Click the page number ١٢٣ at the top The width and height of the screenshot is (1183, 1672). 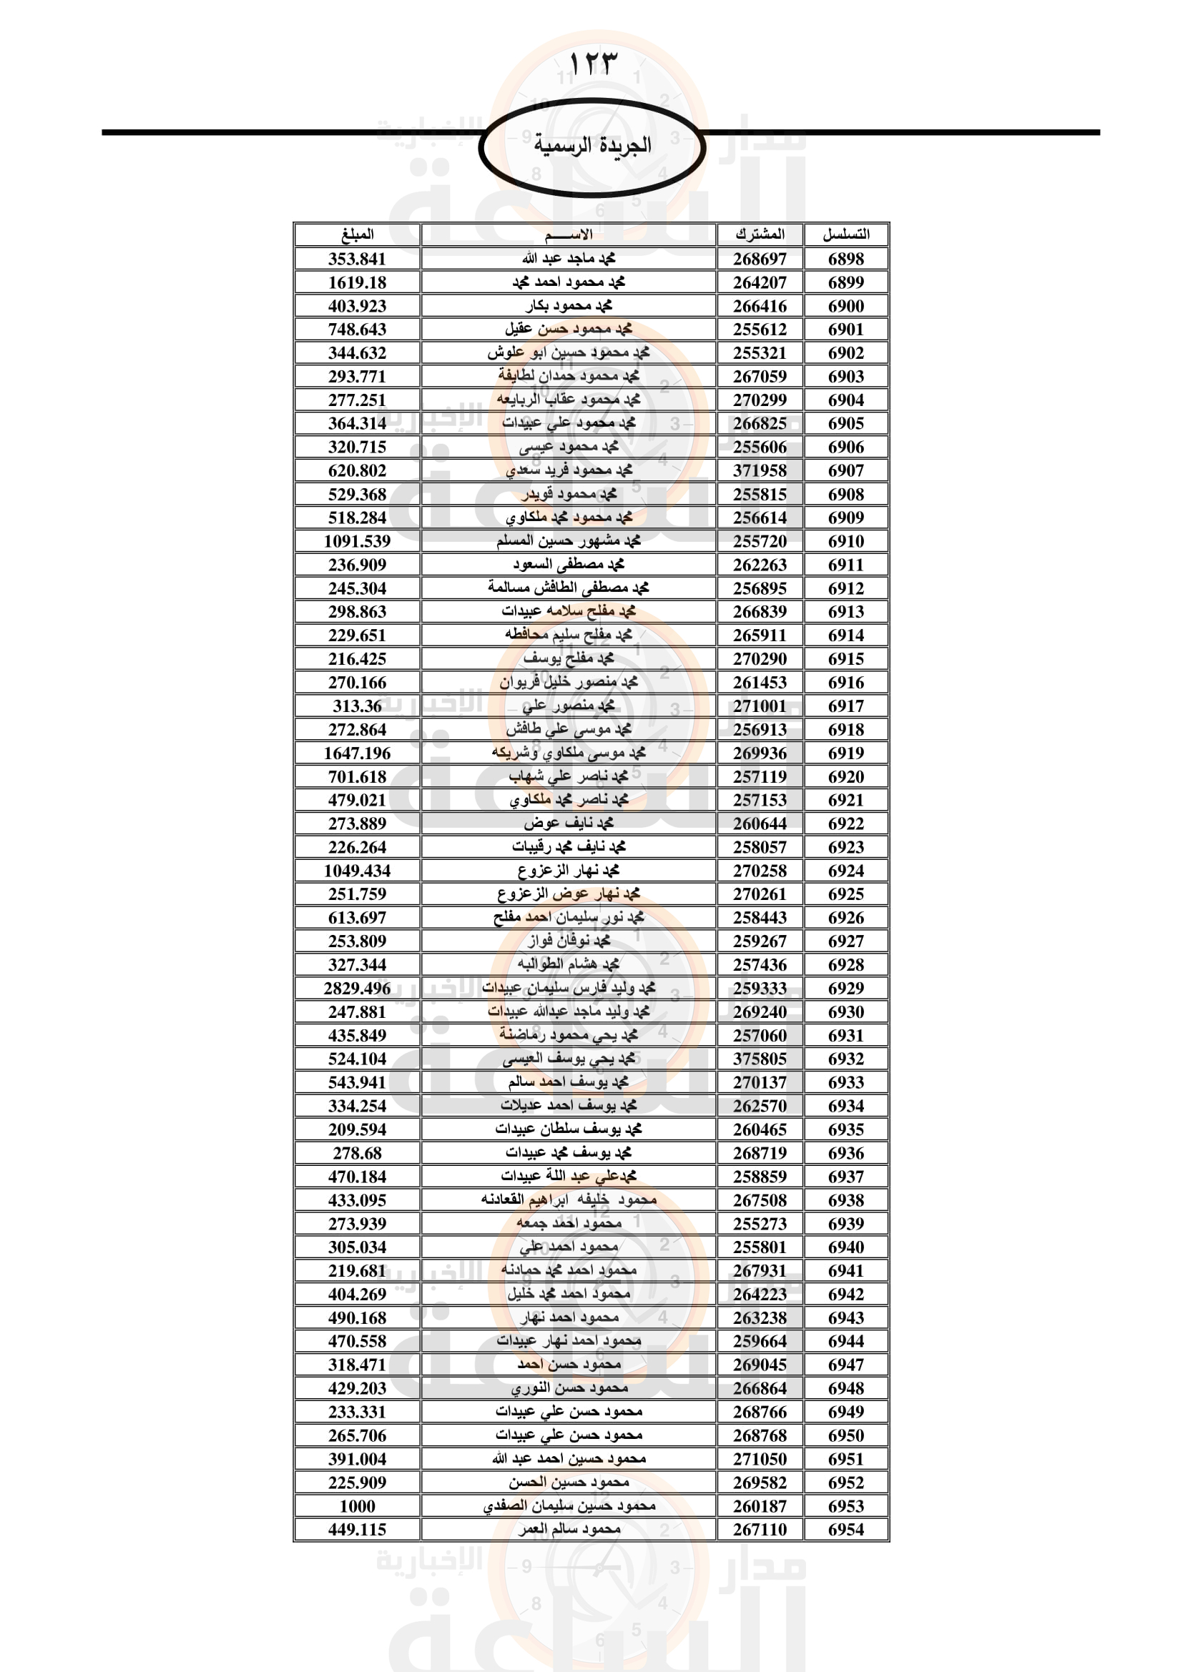[x=591, y=64]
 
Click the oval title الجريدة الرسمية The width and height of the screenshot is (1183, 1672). [x=591, y=146]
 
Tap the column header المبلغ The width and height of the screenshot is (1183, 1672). [x=357, y=234]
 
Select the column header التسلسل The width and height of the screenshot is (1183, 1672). [x=845, y=234]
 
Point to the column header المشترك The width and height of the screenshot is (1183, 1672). [x=760, y=234]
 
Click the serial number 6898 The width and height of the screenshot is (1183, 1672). [x=845, y=259]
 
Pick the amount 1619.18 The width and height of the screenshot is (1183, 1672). [x=357, y=282]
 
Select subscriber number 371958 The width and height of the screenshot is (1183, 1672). [x=760, y=470]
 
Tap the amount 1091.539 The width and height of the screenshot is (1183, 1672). [x=357, y=541]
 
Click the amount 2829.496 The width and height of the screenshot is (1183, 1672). [x=357, y=988]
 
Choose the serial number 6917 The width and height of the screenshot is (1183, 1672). [x=845, y=706]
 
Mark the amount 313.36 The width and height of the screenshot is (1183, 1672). [x=357, y=706]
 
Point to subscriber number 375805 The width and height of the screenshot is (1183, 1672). [x=760, y=1059]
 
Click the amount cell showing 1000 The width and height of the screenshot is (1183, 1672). [x=357, y=1506]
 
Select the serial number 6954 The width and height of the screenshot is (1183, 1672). [x=845, y=1529]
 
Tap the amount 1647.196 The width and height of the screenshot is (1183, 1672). [x=357, y=753]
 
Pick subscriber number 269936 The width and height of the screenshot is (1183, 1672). [x=760, y=753]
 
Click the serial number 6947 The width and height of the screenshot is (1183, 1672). [x=845, y=1365]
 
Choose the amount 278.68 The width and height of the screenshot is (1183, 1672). [x=357, y=1153]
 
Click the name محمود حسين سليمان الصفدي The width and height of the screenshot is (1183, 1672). [x=569, y=1506]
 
